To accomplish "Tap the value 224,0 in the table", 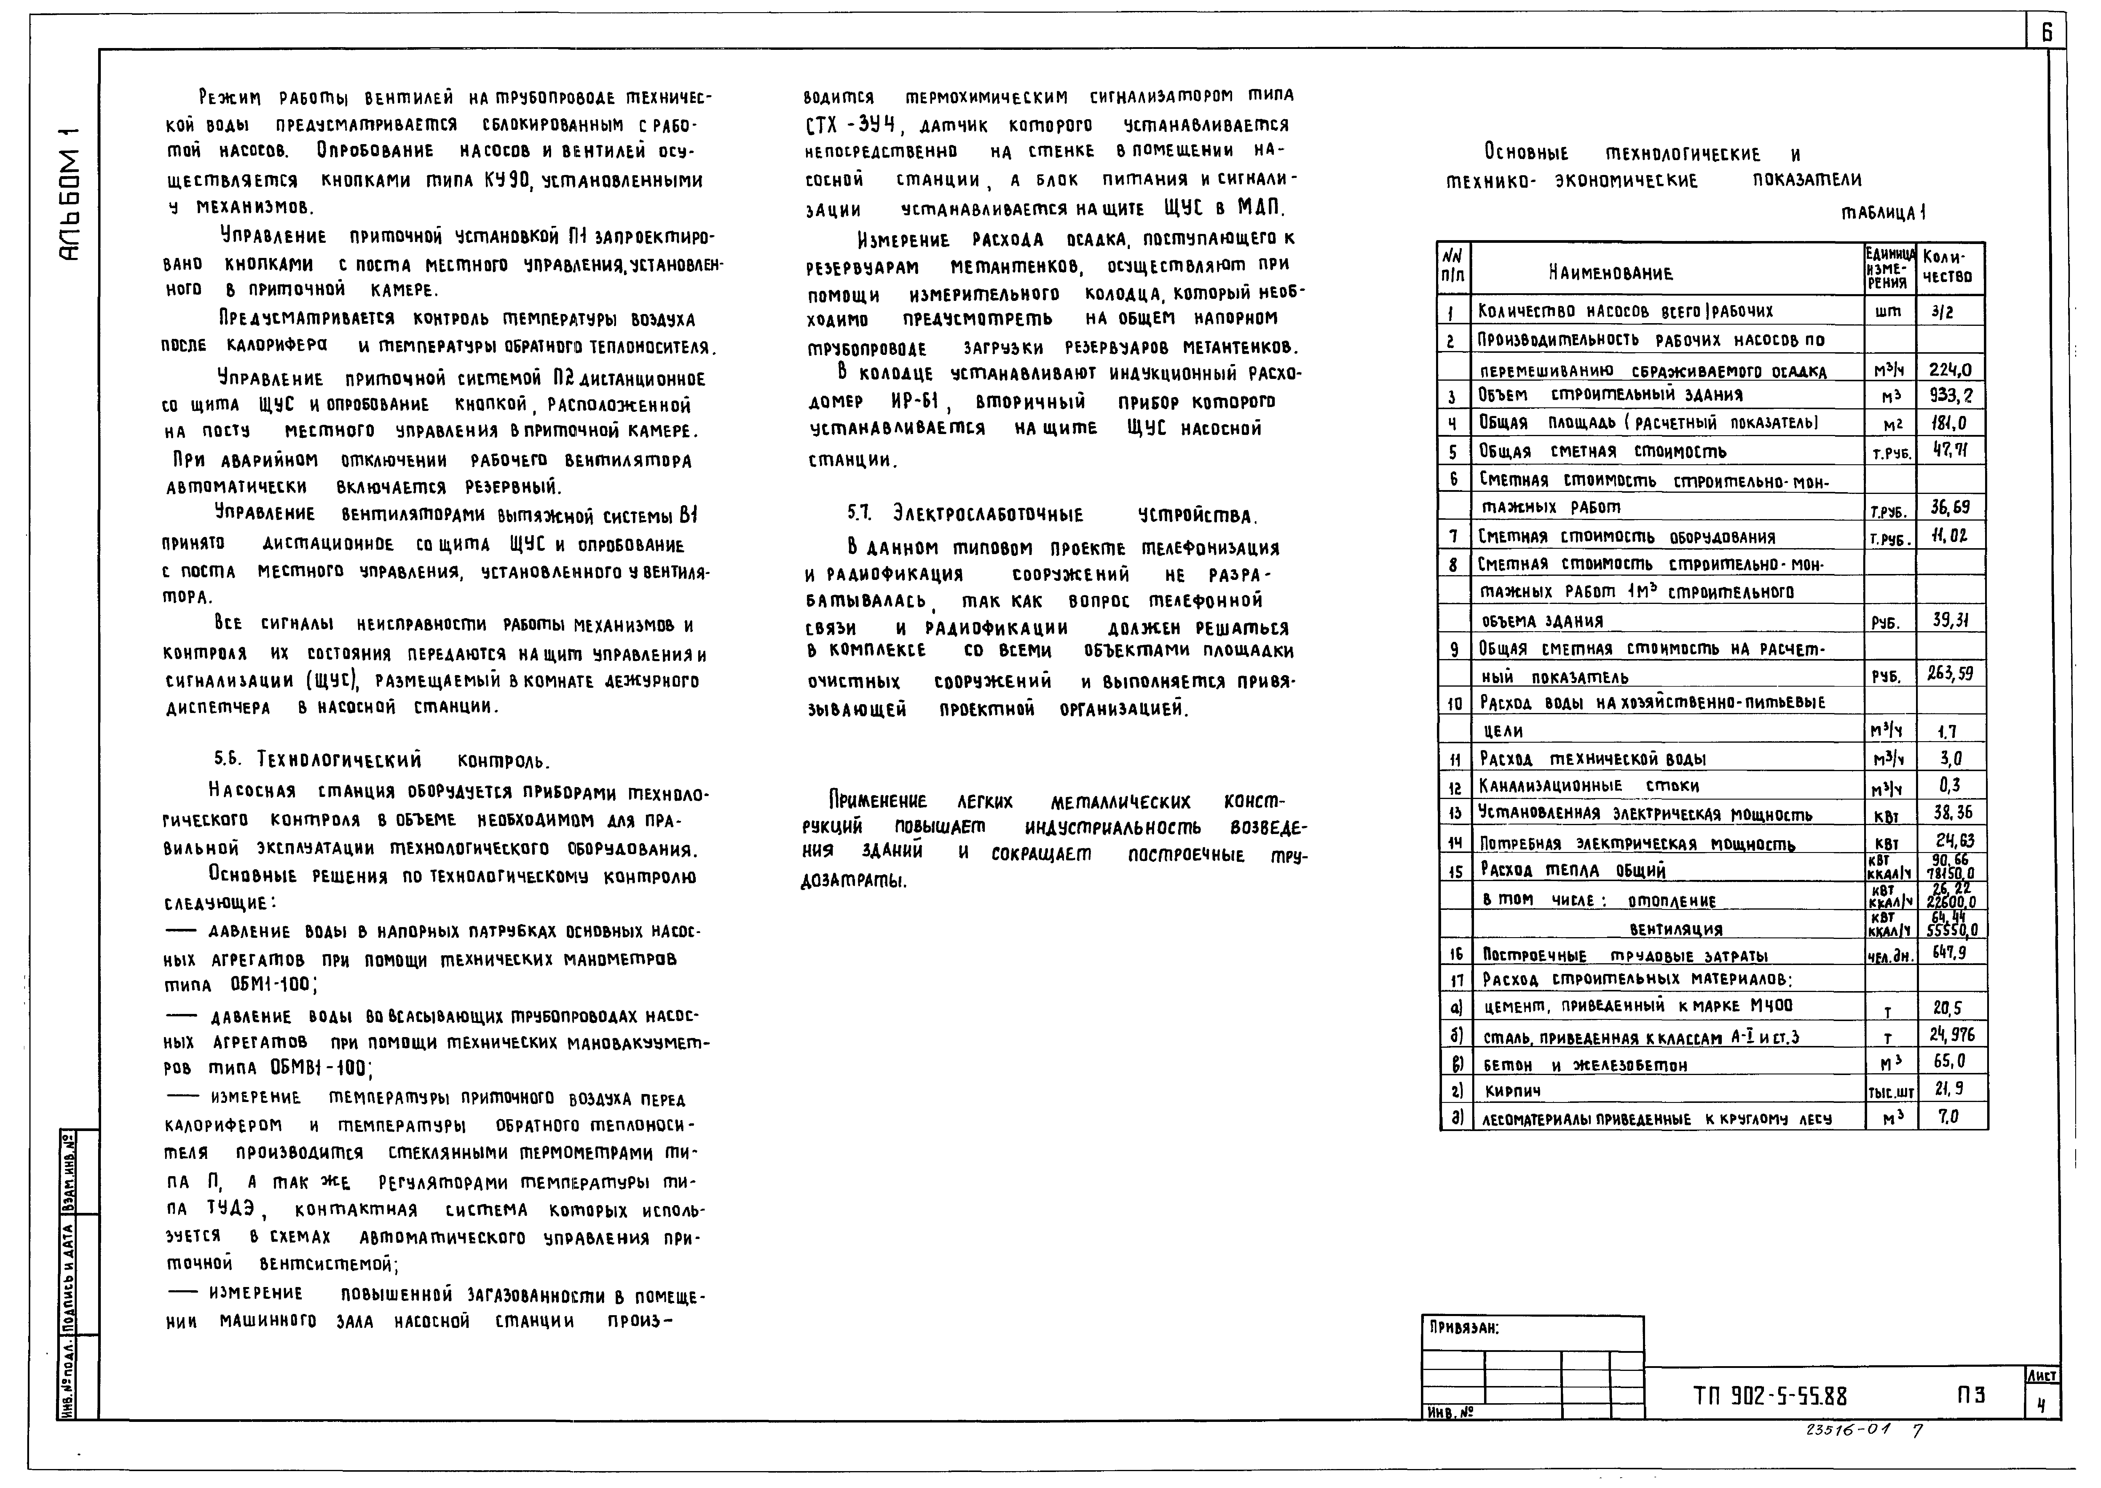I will [1950, 370].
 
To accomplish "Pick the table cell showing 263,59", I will [1950, 674].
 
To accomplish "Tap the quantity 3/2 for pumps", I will [1942, 312].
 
